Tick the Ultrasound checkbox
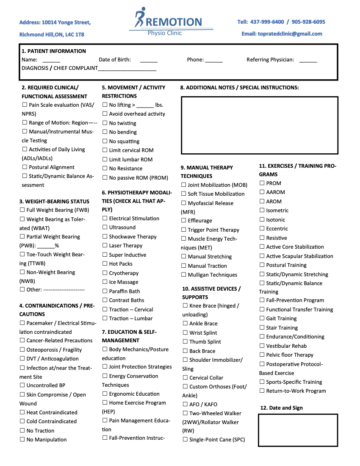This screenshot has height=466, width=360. [105, 227]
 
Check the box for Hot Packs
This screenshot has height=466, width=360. [105, 264]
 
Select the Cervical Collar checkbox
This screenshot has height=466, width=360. [185, 377]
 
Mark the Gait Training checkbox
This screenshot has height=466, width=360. [262, 318]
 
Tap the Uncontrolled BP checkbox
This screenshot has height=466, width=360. [22, 386]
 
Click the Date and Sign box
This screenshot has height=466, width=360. [298, 430]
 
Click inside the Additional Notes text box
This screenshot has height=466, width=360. [260, 125]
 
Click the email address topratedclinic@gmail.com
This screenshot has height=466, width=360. [282, 34]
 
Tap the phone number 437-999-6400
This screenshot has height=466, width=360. [267, 22]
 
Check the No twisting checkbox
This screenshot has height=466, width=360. [105, 123]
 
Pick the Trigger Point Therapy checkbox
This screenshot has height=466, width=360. [184, 230]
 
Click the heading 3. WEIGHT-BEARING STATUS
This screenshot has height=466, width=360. [54, 201]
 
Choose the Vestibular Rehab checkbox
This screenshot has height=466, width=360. [262, 346]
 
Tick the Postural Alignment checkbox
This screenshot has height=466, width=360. [25, 167]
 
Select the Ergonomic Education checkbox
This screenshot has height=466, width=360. [105, 394]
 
